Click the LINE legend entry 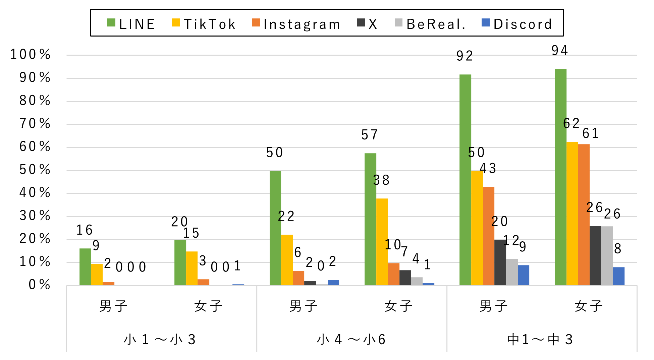(131, 24)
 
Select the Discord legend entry (517, 24)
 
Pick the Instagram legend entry (296, 24)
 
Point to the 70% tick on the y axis (35, 124)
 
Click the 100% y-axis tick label (31, 54)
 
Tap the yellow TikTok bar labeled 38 (382, 242)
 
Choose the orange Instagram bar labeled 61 (584, 215)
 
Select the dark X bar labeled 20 (500, 262)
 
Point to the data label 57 (370, 135)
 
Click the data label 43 (488, 168)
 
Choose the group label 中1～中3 (540, 340)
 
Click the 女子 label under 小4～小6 (398, 306)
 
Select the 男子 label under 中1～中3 (493, 306)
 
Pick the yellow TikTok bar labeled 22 (287, 260)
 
